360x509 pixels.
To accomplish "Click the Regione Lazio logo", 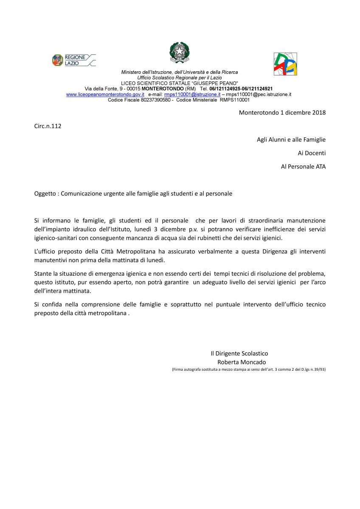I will pyautogui.click(x=73, y=60).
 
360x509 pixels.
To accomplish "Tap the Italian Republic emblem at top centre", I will pyautogui.click(x=180, y=53).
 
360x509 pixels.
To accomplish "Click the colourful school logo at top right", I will pyautogui.click(x=285, y=64).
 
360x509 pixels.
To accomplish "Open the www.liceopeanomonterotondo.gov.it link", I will pyautogui.click(x=105, y=95).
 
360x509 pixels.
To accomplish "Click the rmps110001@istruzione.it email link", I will pyautogui.click(x=192, y=95).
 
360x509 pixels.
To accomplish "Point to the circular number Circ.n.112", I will pyautogui.click(x=48, y=126).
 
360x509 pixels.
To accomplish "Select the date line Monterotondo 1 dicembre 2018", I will pyautogui.click(x=282, y=112).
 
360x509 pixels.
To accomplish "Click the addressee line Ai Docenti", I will pyautogui.click(x=312, y=153).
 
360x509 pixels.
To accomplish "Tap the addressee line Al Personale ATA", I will pyautogui.click(x=303, y=167).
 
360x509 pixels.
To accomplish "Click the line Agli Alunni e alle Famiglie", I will pyautogui.click(x=291, y=140).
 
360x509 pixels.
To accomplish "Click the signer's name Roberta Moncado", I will pyautogui.click(x=242, y=362).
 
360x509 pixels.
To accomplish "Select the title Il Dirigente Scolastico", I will pyautogui.click(x=239, y=353).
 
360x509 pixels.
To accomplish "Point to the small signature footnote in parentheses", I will pyautogui.click(x=249, y=369).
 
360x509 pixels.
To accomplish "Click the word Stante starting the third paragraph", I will pyautogui.click(x=43, y=274).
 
